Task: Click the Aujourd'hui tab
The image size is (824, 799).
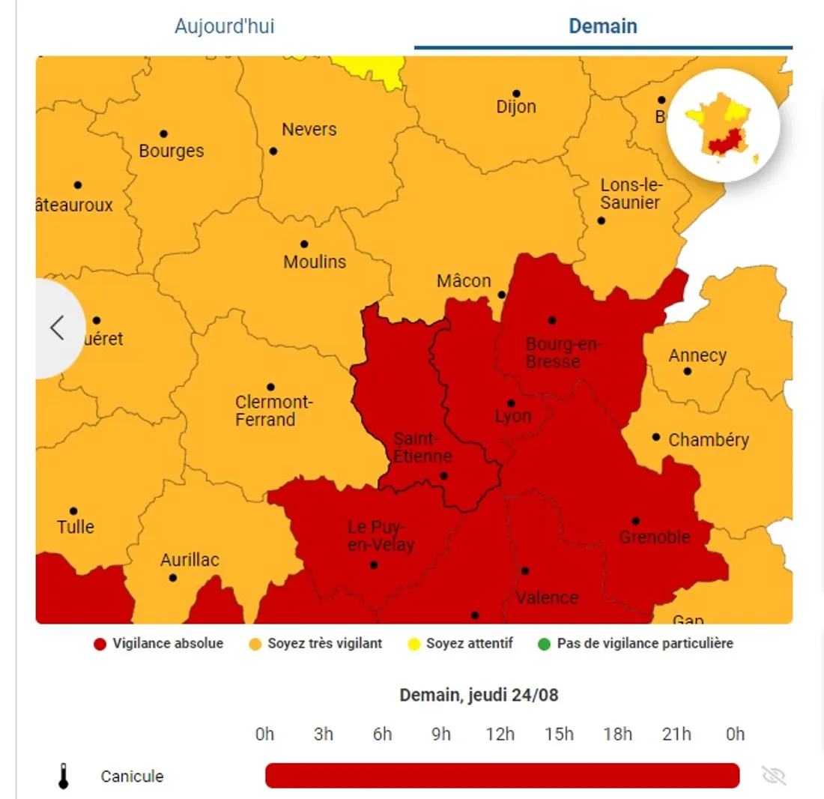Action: pyautogui.click(x=224, y=27)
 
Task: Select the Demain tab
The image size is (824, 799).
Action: pyautogui.click(x=603, y=27)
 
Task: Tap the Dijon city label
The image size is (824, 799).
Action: pyautogui.click(x=516, y=106)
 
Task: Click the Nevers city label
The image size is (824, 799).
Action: pyautogui.click(x=309, y=130)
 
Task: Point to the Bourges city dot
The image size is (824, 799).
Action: pyautogui.click(x=163, y=134)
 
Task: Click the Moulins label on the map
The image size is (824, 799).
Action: pyautogui.click(x=315, y=262)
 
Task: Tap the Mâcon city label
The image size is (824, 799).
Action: pyautogui.click(x=464, y=281)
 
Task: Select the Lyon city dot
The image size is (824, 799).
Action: pyautogui.click(x=511, y=403)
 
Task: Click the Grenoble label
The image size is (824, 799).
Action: pyautogui.click(x=654, y=537)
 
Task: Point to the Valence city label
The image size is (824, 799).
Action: pyautogui.click(x=547, y=597)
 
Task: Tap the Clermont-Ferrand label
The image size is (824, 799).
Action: pyautogui.click(x=273, y=411)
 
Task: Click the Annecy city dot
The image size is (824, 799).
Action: pyautogui.click(x=687, y=371)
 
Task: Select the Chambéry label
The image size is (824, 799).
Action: pyautogui.click(x=708, y=440)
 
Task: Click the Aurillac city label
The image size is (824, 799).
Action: pyautogui.click(x=190, y=560)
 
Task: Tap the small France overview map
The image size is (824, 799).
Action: pyautogui.click(x=723, y=126)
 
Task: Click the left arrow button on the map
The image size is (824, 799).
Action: pyautogui.click(x=57, y=328)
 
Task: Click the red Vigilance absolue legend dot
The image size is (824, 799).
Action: pyautogui.click(x=99, y=644)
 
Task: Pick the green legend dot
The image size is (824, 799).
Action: pyautogui.click(x=543, y=644)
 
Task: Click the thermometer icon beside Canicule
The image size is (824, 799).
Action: pyautogui.click(x=64, y=776)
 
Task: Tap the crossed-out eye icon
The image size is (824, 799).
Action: pyautogui.click(x=774, y=776)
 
